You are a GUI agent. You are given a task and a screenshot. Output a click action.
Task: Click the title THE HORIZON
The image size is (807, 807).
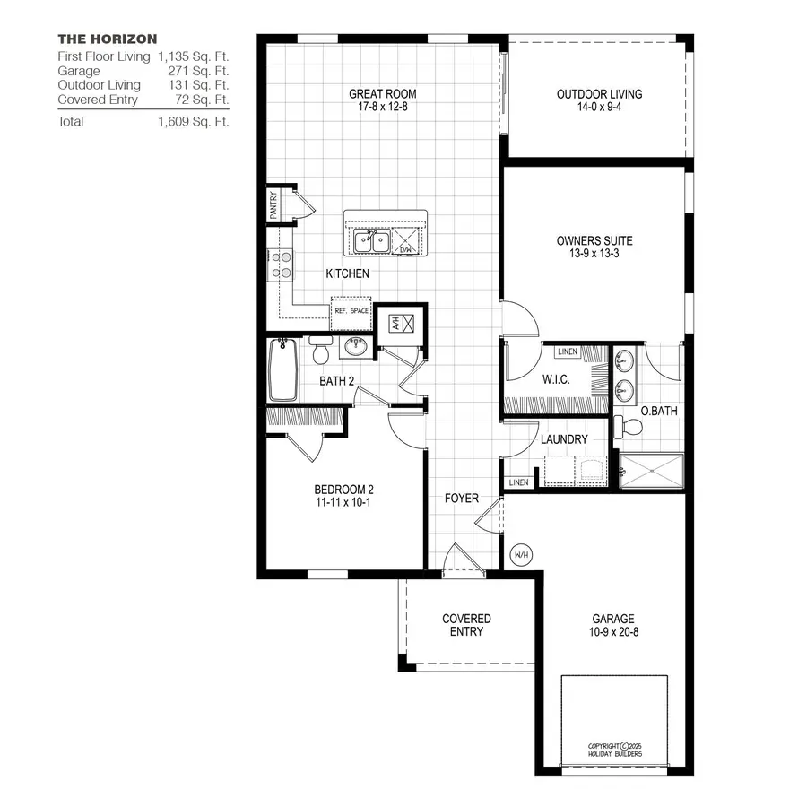point(108,39)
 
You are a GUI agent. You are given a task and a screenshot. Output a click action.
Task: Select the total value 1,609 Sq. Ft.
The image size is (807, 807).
point(193,121)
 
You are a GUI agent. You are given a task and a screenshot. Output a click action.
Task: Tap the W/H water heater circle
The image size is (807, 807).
point(521,555)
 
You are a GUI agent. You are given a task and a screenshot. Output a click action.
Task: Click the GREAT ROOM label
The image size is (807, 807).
point(383,93)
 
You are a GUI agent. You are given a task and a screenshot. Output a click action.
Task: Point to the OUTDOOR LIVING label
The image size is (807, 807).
point(599,93)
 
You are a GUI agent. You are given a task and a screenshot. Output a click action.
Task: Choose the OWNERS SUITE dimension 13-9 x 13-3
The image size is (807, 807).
point(594,255)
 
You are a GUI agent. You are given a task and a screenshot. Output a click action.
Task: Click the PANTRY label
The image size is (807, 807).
point(273,205)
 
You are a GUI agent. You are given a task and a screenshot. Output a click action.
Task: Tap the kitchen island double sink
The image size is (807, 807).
point(370,241)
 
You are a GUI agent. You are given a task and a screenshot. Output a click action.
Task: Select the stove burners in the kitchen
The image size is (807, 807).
point(281,264)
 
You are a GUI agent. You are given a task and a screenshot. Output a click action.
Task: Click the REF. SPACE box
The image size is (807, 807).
point(351,311)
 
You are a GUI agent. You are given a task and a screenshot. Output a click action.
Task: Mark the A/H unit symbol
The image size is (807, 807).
point(400,323)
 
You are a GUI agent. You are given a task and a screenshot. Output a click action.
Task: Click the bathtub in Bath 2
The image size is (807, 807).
point(282,369)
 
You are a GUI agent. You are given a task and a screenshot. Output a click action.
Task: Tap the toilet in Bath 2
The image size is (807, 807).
point(320,351)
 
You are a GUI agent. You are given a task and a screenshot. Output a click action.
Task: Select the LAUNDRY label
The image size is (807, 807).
point(564,439)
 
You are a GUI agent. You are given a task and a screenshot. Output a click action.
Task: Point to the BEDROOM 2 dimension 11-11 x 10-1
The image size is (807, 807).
point(343,502)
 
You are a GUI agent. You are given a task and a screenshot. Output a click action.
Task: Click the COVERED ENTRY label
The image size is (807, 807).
point(466,625)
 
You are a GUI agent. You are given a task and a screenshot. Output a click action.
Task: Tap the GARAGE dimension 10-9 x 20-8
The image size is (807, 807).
point(613,631)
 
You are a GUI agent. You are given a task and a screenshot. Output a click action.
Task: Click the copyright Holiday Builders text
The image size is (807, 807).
point(614,750)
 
